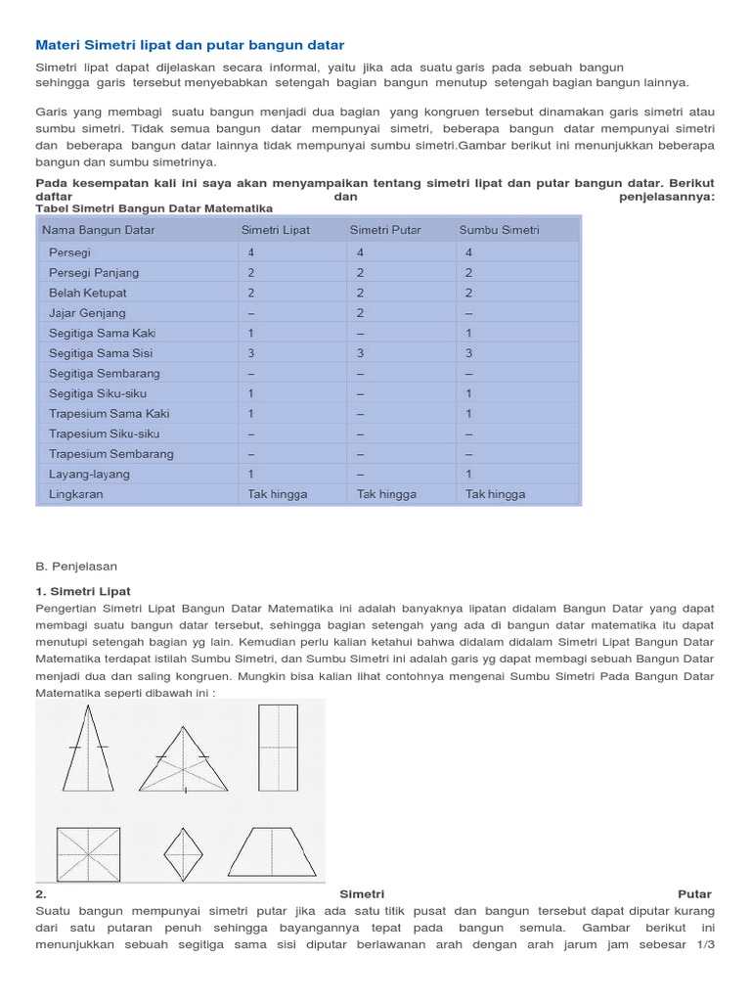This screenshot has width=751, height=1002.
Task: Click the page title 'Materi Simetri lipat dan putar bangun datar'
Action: pyautogui.click(x=190, y=45)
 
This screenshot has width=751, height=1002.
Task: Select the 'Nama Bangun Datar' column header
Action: pyautogui.click(x=98, y=230)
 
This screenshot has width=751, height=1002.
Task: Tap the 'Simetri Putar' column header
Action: pyautogui.click(x=385, y=230)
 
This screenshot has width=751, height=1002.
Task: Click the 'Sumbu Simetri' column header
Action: pyautogui.click(x=500, y=230)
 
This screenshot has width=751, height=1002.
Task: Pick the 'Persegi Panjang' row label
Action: pyautogui.click(x=94, y=272)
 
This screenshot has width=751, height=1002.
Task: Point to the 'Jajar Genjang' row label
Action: pyautogui.click(x=87, y=313)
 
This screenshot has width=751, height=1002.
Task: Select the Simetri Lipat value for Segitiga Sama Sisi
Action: pyautogui.click(x=251, y=353)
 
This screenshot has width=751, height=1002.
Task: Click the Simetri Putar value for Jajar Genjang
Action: pyautogui.click(x=360, y=313)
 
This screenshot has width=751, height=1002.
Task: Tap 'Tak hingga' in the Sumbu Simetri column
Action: pyautogui.click(x=495, y=494)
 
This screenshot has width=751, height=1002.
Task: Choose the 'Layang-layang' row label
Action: pyautogui.click(x=89, y=474)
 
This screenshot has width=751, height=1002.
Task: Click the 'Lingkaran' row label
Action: pyautogui.click(x=75, y=494)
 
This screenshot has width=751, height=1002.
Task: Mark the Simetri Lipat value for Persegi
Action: pyautogui.click(x=251, y=251)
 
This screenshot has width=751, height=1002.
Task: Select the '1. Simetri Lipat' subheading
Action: pyautogui.click(x=83, y=591)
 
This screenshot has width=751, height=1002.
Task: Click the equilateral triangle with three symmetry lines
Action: pyautogui.click(x=183, y=758)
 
